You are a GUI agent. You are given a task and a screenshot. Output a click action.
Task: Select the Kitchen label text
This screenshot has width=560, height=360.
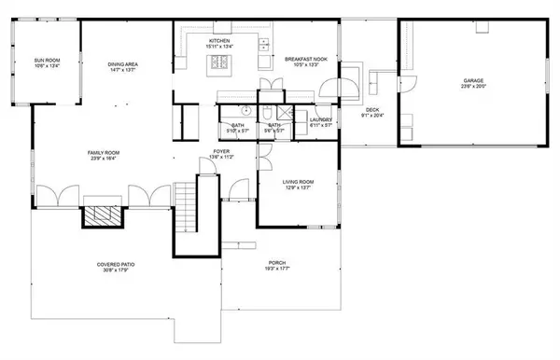point(220,43)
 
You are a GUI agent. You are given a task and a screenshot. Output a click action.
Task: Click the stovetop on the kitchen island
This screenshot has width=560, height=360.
point(222,64)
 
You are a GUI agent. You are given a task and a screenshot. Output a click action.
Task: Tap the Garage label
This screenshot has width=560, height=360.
point(473,81)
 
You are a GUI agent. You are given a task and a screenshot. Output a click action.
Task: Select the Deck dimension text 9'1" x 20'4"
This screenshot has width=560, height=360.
point(374,117)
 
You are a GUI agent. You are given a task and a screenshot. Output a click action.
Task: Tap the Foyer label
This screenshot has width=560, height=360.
point(220,150)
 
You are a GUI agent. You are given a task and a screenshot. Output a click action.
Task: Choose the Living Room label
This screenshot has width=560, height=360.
point(298,182)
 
